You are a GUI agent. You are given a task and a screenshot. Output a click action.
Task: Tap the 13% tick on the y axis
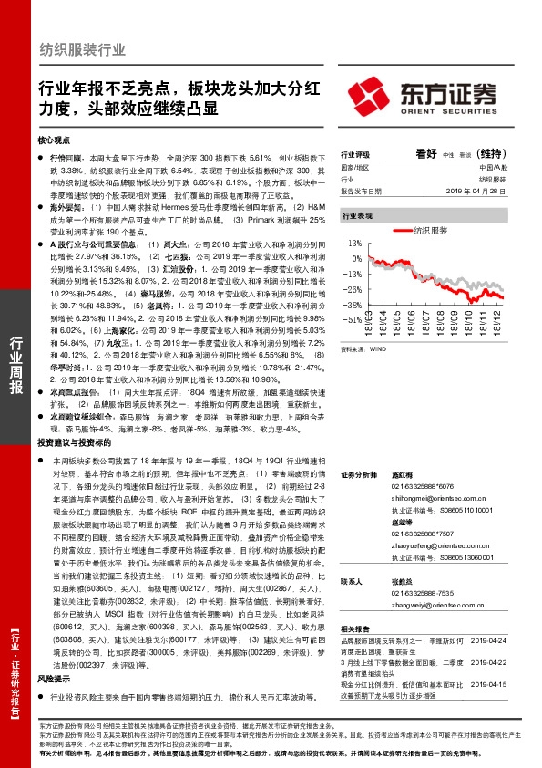pyautogui.click(x=355, y=244)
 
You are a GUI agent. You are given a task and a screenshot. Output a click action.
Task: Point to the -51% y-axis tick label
pyautogui.click(x=353, y=321)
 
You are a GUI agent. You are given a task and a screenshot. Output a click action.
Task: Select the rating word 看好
pyautogui.click(x=426, y=152)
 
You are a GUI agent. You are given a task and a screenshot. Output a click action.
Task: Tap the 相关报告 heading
pyautogui.click(x=354, y=629)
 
